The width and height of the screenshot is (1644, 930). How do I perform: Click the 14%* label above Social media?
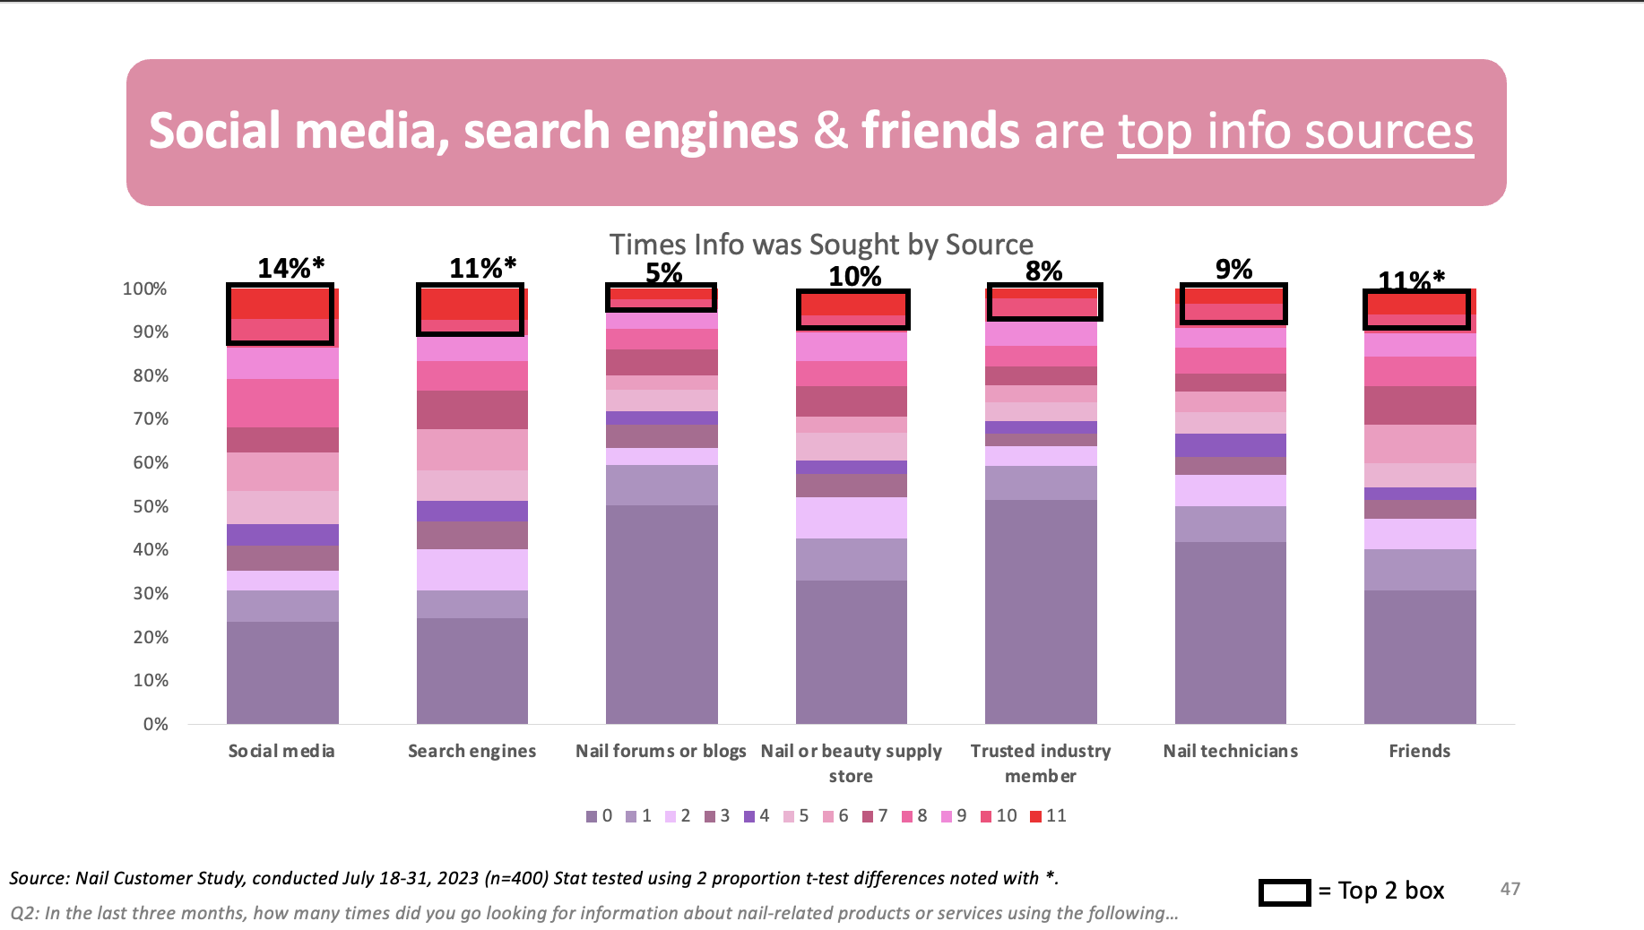290,268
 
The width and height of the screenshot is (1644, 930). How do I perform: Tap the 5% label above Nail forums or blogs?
663,273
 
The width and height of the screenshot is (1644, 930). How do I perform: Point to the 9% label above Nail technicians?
1233,269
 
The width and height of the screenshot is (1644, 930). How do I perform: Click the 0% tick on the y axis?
155,724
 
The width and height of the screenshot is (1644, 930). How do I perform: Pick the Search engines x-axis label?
472,751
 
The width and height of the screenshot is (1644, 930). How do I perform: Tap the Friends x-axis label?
1419,751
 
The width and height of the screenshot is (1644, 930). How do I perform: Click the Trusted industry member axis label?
1040,762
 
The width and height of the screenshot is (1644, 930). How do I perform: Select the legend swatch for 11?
1035,816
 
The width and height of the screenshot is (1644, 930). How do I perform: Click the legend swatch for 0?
591,816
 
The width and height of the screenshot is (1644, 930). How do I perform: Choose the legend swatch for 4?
748,816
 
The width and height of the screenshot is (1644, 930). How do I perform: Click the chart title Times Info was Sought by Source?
821,245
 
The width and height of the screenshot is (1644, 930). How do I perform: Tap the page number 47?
1510,889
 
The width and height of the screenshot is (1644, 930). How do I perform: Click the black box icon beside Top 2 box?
1285,891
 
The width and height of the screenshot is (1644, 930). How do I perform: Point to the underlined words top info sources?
1294,132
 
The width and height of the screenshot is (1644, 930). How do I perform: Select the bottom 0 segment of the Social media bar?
282,672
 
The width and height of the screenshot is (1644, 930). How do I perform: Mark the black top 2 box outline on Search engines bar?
471,310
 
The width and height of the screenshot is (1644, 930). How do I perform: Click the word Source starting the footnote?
37,878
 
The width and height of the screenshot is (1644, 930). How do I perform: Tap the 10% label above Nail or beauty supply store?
854,276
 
